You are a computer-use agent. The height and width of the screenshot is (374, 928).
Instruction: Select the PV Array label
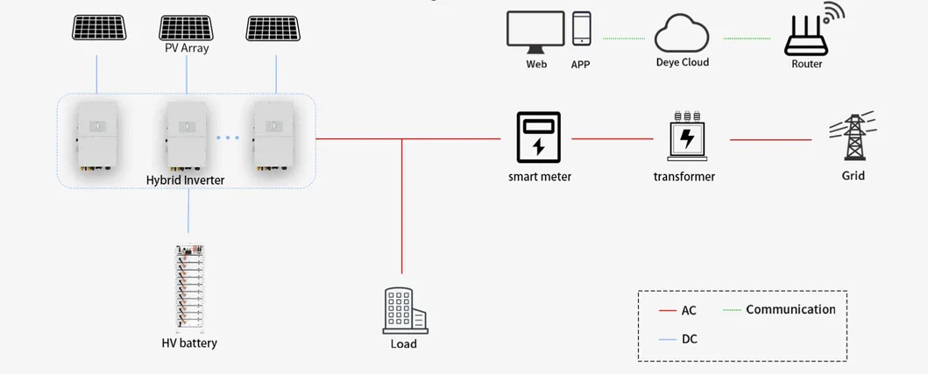(187, 48)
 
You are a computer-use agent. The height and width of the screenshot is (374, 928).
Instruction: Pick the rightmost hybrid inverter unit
(276, 137)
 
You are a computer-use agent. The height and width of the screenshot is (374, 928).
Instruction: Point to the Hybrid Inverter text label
(186, 180)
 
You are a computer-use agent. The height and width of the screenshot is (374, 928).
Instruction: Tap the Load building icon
(403, 311)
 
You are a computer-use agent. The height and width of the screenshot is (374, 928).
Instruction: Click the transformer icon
(688, 138)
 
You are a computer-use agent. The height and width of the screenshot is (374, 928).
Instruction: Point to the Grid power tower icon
(853, 136)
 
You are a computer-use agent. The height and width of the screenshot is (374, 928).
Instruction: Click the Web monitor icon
(535, 31)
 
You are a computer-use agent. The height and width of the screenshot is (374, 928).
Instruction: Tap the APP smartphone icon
(581, 29)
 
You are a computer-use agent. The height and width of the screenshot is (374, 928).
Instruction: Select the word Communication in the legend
(790, 309)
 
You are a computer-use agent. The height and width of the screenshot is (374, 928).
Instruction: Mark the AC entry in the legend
(689, 311)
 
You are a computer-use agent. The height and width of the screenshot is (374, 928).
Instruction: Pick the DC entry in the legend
(689, 338)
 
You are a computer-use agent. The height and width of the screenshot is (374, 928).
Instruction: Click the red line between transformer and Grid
(771, 139)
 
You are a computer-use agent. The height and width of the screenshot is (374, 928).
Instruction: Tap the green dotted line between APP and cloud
(624, 39)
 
